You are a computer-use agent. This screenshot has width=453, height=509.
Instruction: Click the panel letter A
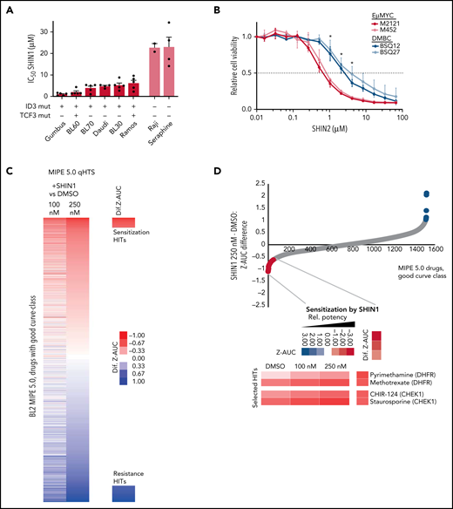pos(10,10)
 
